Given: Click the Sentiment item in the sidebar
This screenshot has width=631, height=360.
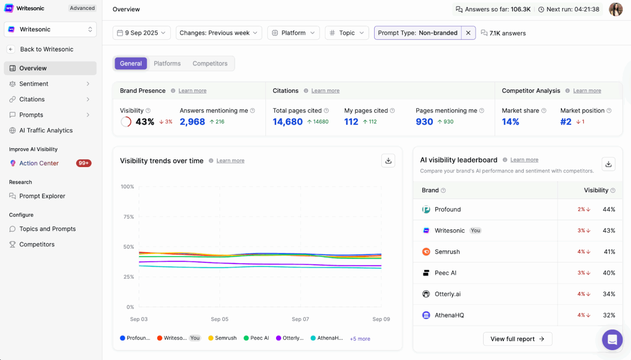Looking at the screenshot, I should [34, 84].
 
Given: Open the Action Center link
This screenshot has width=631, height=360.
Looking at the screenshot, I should [39, 163].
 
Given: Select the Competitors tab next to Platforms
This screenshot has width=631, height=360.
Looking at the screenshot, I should [210, 64].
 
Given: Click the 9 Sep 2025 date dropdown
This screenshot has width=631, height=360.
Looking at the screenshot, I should [141, 33].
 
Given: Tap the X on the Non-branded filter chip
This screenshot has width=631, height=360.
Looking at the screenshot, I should [468, 33].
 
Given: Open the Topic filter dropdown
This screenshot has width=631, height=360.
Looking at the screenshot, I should [347, 33].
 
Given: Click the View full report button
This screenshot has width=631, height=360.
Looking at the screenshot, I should [517, 339].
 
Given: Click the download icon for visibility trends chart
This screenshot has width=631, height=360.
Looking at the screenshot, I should [388, 161].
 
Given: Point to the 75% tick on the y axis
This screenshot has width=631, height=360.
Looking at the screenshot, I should [129, 217].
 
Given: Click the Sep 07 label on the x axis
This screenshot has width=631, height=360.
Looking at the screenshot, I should [300, 319].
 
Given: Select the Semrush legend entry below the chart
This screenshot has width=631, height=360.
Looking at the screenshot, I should [226, 338].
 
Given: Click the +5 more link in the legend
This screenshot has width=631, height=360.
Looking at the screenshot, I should [360, 339].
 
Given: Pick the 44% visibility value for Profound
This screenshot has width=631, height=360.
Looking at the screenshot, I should [609, 210].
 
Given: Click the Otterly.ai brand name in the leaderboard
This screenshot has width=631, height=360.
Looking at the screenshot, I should [447, 294].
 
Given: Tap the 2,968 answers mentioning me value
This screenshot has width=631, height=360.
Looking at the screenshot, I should [192, 122].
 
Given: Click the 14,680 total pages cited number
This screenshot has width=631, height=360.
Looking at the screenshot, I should [288, 122].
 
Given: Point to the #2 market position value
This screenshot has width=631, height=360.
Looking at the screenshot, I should [566, 122].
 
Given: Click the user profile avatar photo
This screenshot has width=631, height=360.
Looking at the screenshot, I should [615, 9].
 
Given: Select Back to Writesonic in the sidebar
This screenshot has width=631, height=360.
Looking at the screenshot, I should [46, 49].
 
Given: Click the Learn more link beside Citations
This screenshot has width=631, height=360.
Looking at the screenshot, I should [325, 91].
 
